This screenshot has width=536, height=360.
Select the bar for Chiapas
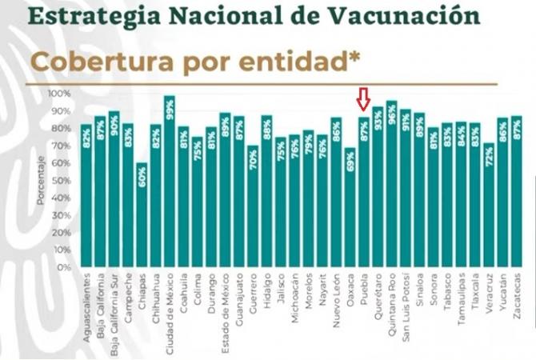pos(142,216)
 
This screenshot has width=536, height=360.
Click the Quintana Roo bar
pos(391,185)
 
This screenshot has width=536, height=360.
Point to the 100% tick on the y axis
pos(62,94)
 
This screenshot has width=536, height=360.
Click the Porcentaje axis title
pos(41,181)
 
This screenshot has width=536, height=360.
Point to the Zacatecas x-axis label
pos(517,297)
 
